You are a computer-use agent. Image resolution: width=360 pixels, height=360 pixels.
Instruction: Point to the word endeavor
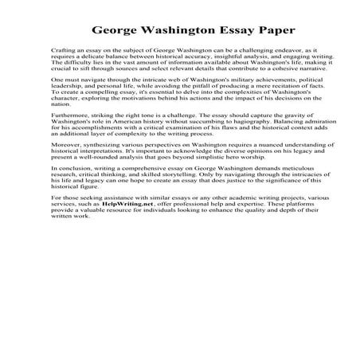pyautogui.click(x=271, y=50)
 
